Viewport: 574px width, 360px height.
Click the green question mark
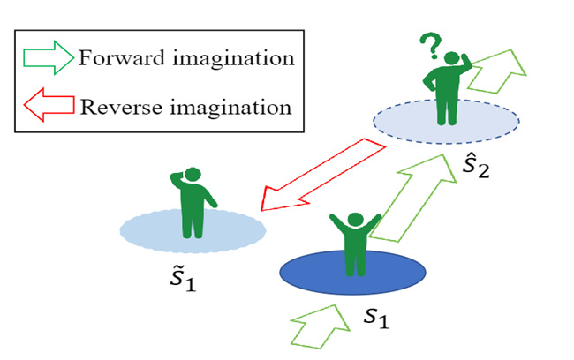coord(430,44)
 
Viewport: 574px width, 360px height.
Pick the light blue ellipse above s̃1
coord(193,229)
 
